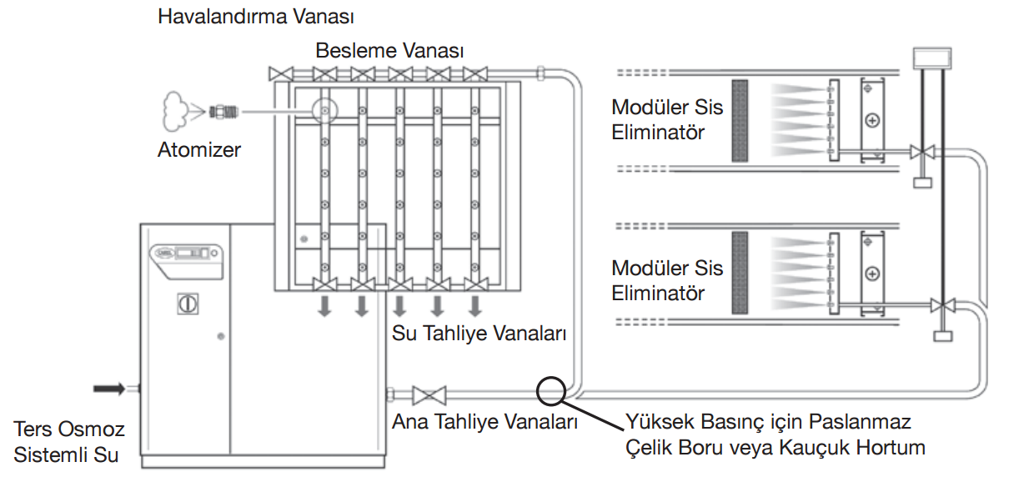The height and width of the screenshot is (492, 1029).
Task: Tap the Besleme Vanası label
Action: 389,51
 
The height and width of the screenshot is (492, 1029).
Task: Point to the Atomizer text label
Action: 199,150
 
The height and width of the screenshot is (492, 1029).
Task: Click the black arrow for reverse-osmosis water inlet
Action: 109,388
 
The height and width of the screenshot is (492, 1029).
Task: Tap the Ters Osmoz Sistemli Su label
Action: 69,443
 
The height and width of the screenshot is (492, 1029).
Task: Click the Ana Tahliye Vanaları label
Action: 485,423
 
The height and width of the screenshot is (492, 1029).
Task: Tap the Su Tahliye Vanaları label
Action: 479,334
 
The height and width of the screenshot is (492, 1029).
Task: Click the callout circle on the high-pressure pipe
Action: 551,389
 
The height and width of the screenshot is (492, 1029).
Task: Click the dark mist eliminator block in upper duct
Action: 738,120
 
